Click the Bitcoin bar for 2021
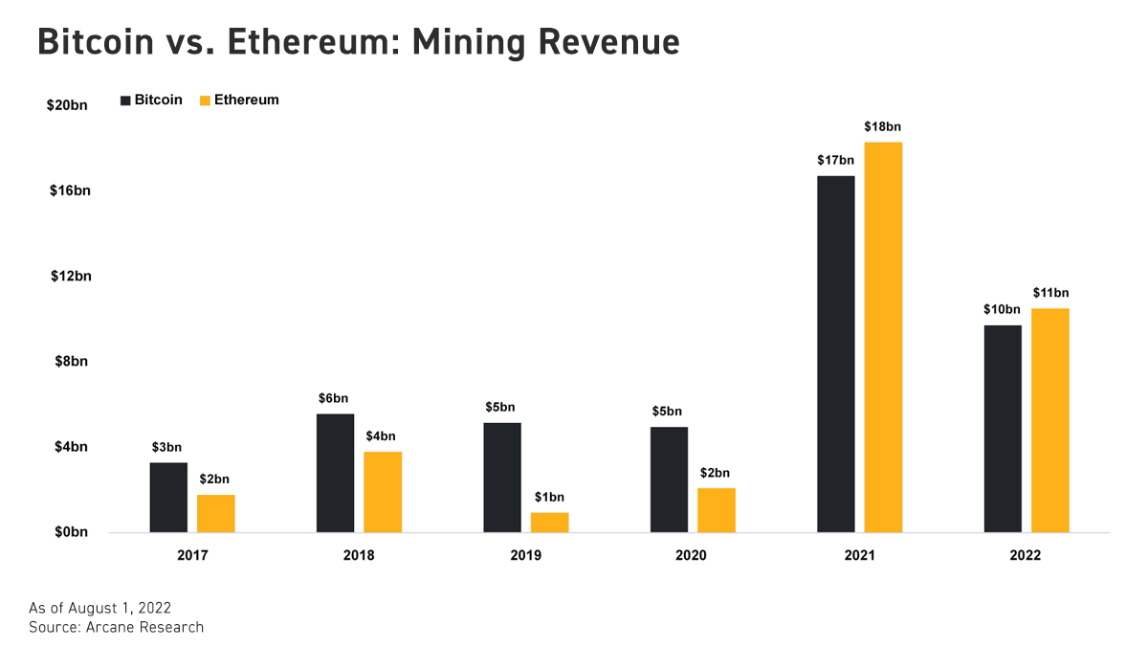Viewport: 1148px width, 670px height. click(835, 354)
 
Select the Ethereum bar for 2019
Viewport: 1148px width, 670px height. click(549, 523)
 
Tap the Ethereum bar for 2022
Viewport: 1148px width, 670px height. click(1049, 420)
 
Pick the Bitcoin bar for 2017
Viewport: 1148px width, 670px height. click(168, 498)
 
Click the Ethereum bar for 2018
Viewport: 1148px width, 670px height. click(383, 492)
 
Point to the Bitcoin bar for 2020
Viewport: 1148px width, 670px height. click(669, 480)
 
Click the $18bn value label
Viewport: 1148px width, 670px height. click(883, 126)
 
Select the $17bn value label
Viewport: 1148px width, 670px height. click(835, 160)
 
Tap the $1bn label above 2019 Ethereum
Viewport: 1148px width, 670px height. click(549, 497)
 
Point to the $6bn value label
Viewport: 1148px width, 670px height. click(335, 398)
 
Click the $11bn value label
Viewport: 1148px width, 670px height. click(1050, 293)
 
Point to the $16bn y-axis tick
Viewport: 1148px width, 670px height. click(70, 190)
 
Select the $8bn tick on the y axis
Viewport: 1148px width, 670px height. click(70, 362)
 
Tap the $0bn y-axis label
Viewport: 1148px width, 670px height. click(70, 533)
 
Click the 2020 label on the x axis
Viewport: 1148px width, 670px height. click(691, 555)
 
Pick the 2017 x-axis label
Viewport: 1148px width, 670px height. click(192, 555)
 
